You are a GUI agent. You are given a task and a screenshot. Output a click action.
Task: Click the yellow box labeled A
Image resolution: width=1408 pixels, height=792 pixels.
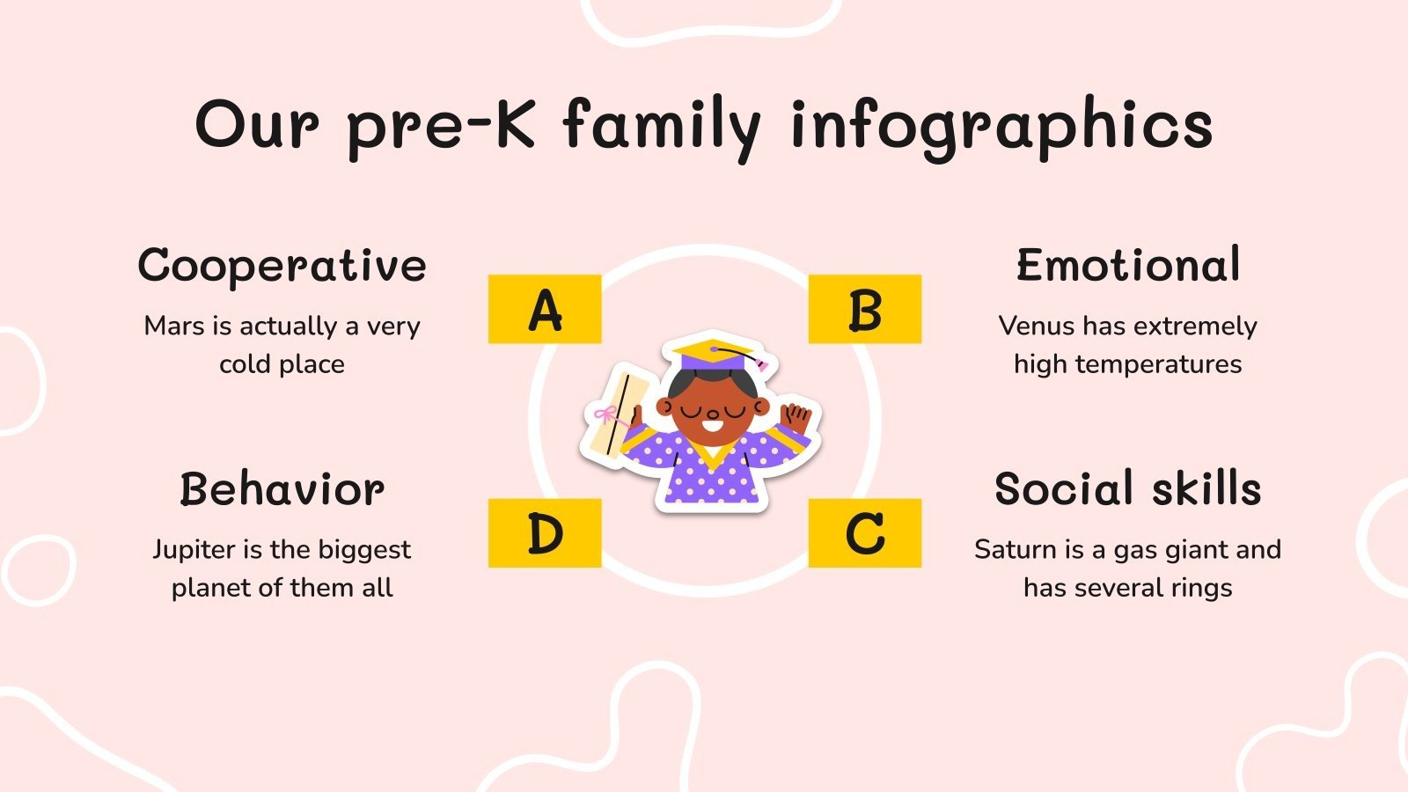[545, 309]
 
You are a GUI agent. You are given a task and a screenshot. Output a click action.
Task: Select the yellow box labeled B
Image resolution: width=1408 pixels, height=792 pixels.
[864, 309]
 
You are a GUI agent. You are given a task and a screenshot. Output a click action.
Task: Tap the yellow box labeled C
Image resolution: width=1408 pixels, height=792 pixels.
[864, 533]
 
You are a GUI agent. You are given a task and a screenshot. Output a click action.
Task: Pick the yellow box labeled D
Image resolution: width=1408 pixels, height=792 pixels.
[545, 533]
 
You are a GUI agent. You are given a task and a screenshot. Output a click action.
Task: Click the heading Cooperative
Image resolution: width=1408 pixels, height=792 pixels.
[282, 265]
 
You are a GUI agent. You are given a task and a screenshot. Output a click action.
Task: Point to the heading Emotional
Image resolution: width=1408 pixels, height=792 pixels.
[1128, 265]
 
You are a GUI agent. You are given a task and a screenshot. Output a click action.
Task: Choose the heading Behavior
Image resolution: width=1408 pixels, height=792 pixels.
[282, 489]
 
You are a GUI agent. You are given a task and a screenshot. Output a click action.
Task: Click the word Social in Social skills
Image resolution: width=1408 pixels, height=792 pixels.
[1063, 489]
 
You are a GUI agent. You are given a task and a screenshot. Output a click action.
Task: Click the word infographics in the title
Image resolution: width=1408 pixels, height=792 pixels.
[1001, 125]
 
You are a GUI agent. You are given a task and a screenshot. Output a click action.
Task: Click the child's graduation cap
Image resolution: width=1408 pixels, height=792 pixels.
[715, 353]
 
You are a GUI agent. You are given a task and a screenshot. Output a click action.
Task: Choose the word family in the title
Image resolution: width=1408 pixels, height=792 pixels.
[662, 125]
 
